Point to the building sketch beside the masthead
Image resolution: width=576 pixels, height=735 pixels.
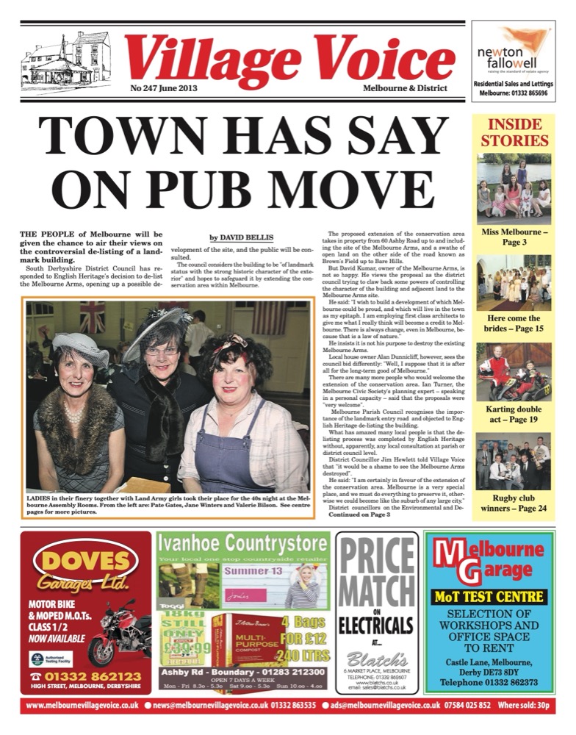click(x=66, y=59)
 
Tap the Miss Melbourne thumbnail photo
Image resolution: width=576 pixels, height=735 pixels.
click(x=514, y=189)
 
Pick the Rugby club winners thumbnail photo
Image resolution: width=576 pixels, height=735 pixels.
click(x=514, y=461)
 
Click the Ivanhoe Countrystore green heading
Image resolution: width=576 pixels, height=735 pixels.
click(x=242, y=544)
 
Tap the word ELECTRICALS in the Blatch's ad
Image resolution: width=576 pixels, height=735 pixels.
click(x=376, y=626)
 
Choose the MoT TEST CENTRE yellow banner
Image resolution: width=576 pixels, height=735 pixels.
click(x=489, y=596)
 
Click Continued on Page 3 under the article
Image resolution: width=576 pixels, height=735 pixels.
click(x=359, y=515)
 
